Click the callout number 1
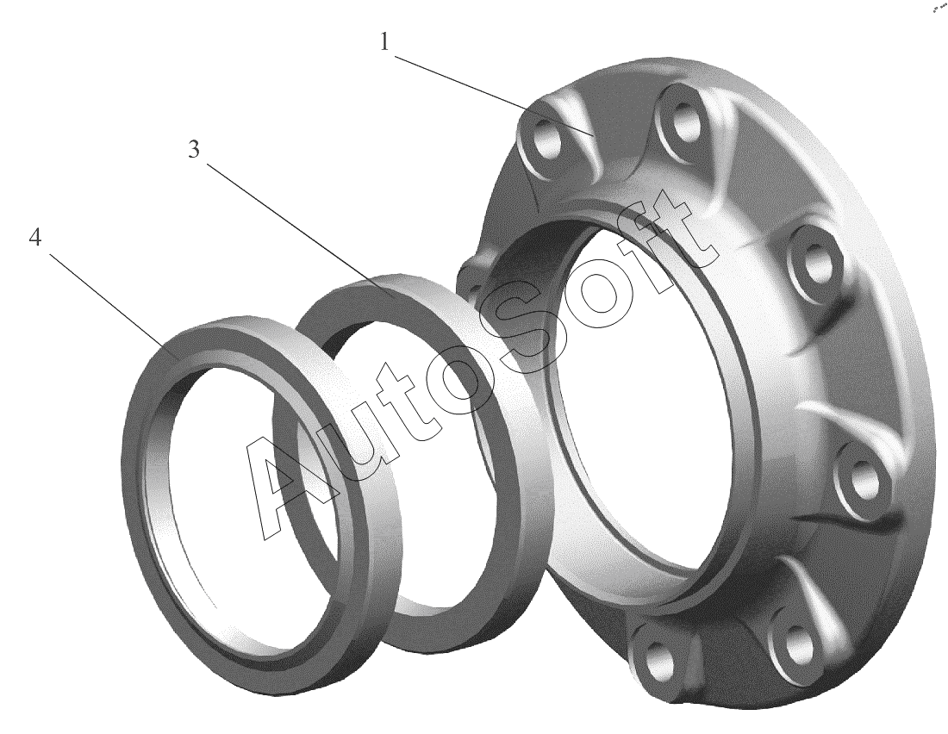pyautogui.click(x=384, y=42)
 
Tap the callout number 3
pyautogui.click(x=193, y=149)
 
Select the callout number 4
pyautogui.click(x=35, y=238)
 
